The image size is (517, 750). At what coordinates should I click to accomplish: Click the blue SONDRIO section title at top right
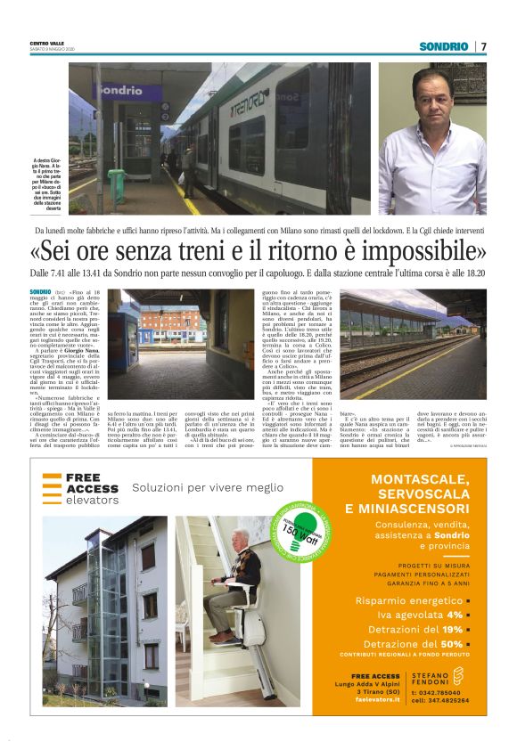(x=444, y=46)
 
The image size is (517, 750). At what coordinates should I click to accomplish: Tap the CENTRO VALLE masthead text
(x=46, y=43)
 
